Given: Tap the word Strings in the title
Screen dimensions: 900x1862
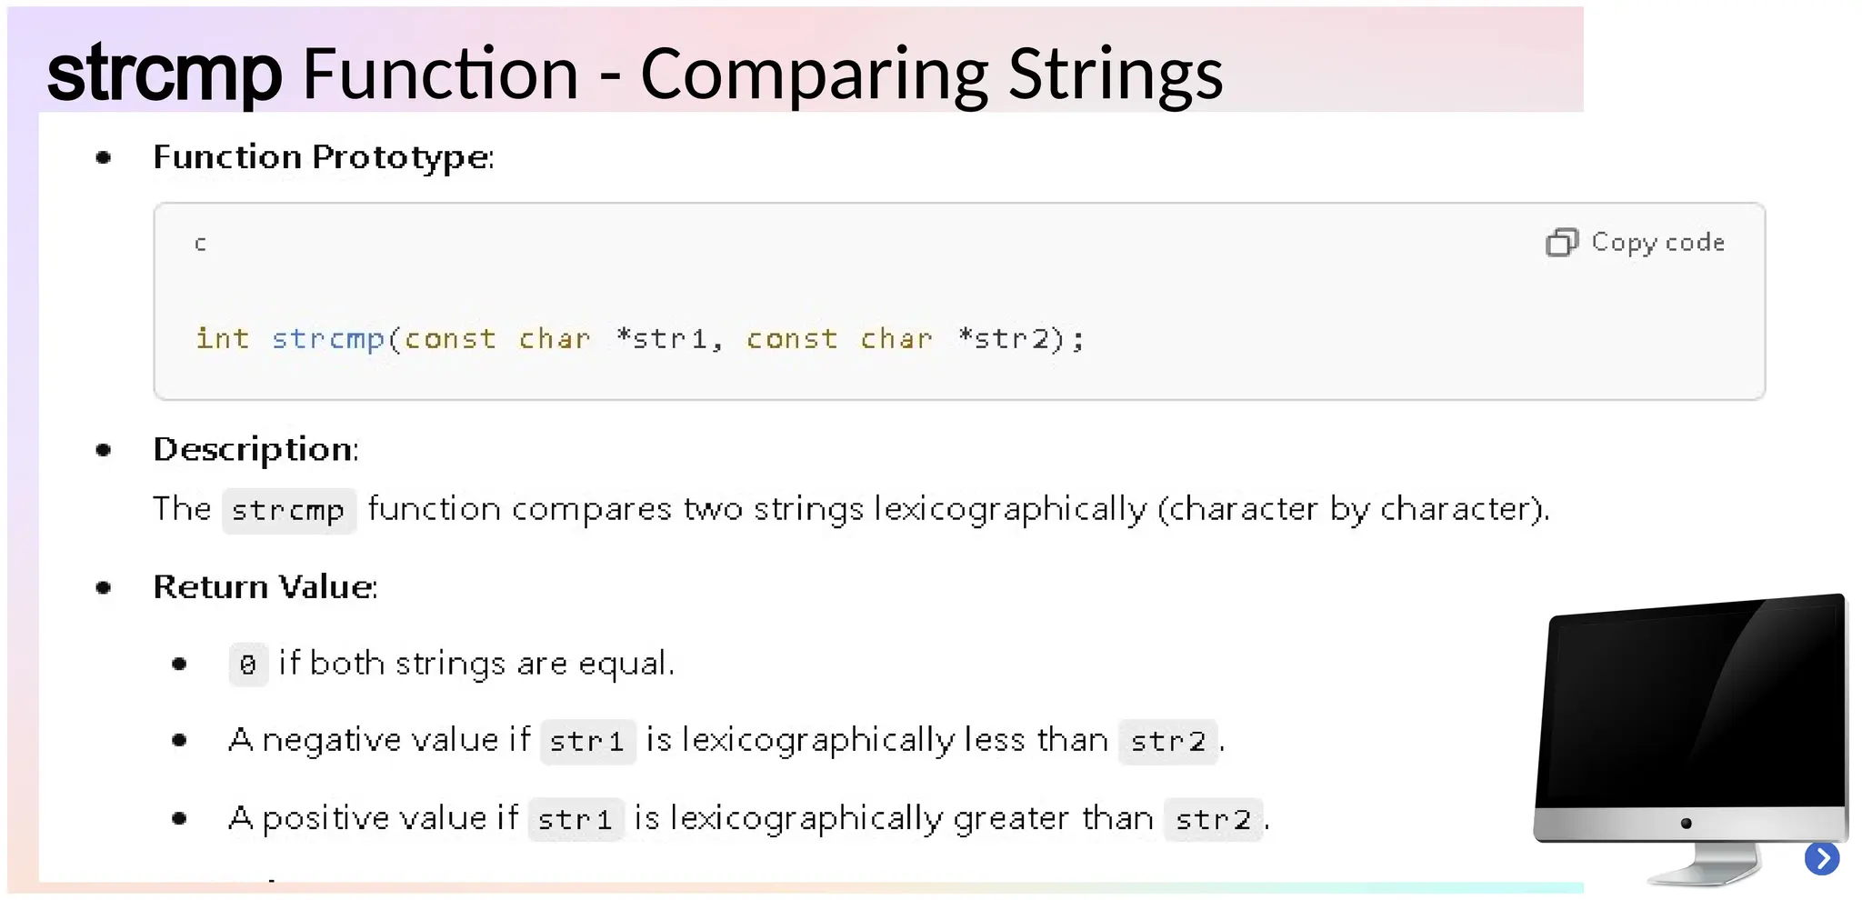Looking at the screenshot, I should [1116, 75].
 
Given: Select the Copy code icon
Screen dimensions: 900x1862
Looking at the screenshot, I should [1561, 243].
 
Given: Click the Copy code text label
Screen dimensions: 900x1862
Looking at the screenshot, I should [1657, 243].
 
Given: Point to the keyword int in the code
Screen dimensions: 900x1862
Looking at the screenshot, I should [222, 338].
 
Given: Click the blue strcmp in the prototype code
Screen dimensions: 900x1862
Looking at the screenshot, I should [327, 339].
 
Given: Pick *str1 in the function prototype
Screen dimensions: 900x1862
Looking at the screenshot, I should [661, 339].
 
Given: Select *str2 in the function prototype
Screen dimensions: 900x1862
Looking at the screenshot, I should [1004, 339].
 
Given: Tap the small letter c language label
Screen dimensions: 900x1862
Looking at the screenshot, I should [201, 244].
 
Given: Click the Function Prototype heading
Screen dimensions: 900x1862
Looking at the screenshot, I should [323, 157].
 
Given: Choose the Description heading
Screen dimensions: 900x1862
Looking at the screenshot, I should [255, 450].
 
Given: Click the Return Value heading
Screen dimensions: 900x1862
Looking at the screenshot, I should [265, 587].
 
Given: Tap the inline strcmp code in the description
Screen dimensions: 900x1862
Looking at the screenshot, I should [288, 511].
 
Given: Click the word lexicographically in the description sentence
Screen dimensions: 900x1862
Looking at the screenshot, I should [1010, 509].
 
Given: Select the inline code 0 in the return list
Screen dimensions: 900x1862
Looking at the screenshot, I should [248, 665].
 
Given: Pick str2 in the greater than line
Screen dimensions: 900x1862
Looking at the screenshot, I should [1213, 820].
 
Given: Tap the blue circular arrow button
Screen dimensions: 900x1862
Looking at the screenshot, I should [1822, 858].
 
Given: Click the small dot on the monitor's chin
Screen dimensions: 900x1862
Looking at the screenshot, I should [1687, 824].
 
